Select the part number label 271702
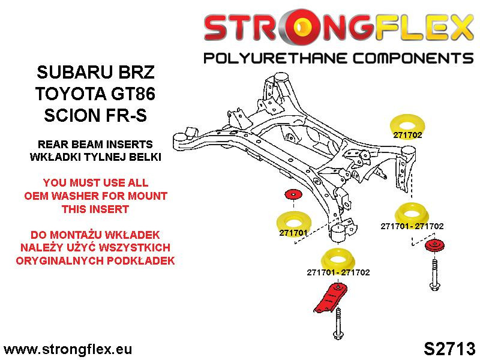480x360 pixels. click(407, 136)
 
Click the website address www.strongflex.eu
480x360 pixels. click(68, 349)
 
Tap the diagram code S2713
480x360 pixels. click(449, 349)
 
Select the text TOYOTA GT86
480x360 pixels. click(95, 94)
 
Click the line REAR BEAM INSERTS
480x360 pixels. click(95, 145)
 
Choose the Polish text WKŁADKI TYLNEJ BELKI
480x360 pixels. click(95, 158)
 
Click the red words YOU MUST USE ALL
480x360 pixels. click(95, 182)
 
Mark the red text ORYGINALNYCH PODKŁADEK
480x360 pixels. click(95, 261)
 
